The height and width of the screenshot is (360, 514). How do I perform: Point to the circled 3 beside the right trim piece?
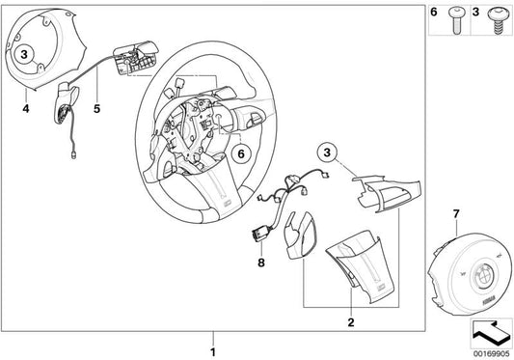(328, 152)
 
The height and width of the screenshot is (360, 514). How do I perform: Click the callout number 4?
(26, 108)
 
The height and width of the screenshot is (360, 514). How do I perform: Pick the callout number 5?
(95, 108)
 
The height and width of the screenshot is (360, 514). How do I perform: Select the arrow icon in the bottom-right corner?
(489, 333)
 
